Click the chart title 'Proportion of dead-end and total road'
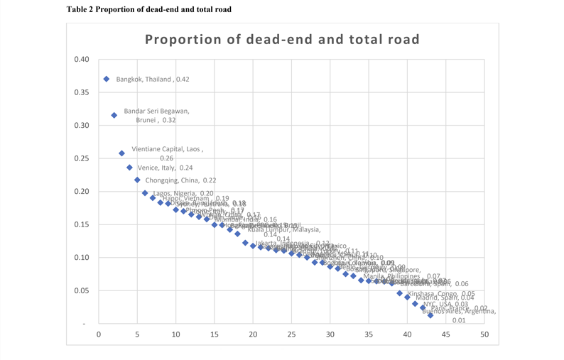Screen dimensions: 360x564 point(282,39)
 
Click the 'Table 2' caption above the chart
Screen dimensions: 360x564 point(148,9)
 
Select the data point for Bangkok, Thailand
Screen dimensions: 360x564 point(107,79)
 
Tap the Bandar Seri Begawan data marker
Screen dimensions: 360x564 point(114,115)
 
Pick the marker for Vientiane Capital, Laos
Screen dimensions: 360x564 point(121,153)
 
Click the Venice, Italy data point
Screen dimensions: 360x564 point(129,168)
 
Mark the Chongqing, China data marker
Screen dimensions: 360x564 point(137,180)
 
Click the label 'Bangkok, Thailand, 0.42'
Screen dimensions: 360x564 point(153,80)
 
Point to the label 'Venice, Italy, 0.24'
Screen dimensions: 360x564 point(165,168)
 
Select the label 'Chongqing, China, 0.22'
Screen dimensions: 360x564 point(180,180)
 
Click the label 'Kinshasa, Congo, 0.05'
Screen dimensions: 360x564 point(441,293)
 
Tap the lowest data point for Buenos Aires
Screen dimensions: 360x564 point(430,315)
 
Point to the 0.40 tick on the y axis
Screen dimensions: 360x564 point(82,59)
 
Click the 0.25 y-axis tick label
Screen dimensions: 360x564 point(82,158)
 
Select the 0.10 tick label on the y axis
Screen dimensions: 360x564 point(82,258)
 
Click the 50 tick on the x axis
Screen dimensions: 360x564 point(484,334)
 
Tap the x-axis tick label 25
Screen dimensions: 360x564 point(291,334)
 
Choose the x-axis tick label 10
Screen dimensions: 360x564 point(175,334)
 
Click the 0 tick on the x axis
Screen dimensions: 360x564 point(99,334)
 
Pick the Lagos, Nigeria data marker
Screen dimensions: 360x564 point(145,193)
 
